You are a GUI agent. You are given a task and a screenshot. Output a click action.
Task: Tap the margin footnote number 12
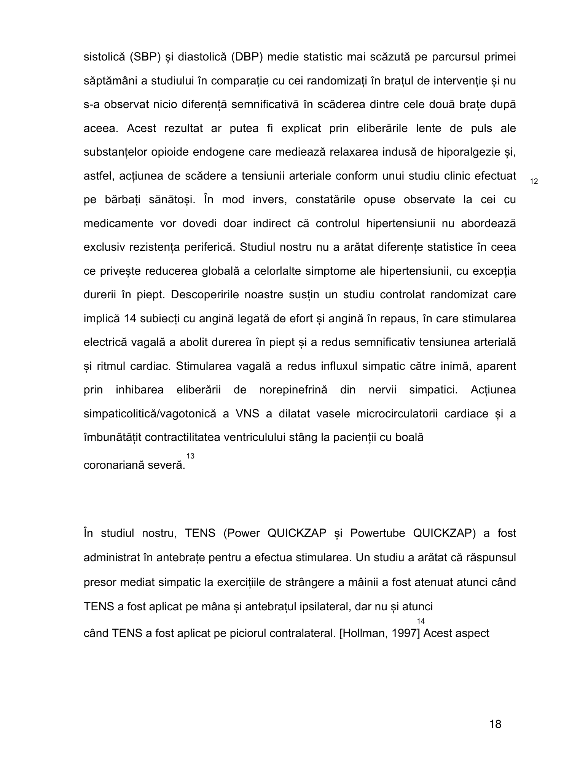click(534, 181)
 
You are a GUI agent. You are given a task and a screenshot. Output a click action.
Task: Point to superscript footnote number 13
click(190, 456)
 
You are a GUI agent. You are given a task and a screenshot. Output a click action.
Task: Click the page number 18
click(495, 724)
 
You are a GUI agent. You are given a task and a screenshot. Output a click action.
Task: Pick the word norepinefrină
click(293, 390)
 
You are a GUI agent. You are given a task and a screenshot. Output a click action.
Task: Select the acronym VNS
click(247, 414)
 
